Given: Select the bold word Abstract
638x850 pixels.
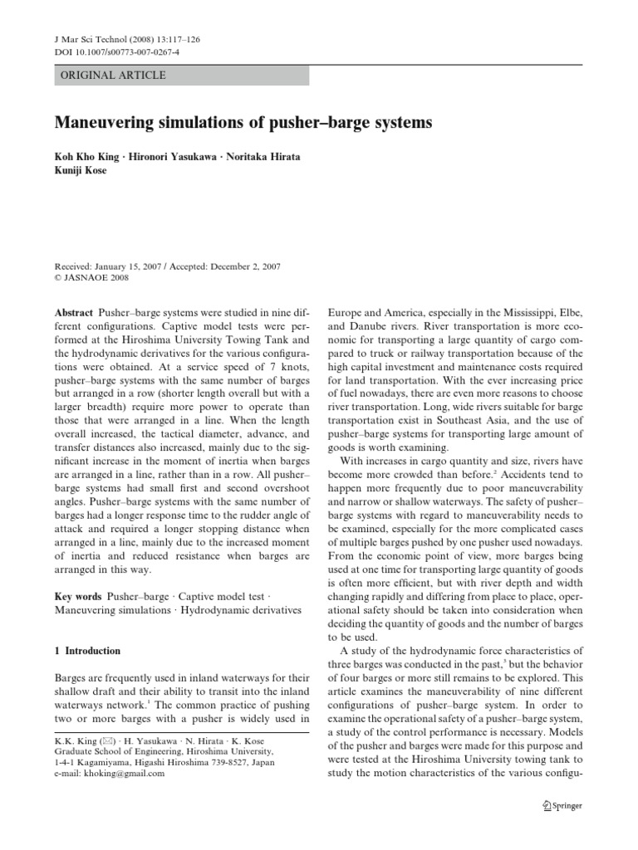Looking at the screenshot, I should [72, 312].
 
